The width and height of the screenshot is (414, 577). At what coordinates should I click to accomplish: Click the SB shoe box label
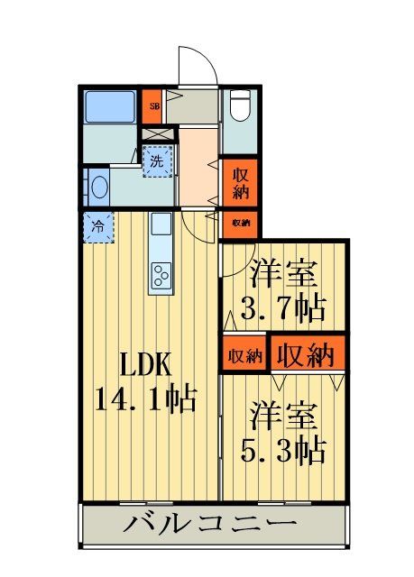(153, 104)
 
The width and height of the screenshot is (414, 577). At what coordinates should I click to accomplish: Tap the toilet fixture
(239, 108)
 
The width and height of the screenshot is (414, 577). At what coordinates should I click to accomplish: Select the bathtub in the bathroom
(109, 106)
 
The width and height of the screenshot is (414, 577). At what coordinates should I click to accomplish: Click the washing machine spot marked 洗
(157, 163)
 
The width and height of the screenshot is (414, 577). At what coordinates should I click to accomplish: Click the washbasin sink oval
(99, 188)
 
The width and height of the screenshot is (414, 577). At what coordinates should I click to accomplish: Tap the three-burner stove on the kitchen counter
(161, 276)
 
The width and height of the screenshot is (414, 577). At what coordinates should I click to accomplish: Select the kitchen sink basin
(161, 224)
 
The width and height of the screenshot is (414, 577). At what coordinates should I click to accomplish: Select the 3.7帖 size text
(281, 309)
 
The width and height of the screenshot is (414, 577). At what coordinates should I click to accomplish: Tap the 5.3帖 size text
(281, 448)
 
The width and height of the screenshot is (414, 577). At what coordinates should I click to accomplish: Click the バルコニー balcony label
(211, 524)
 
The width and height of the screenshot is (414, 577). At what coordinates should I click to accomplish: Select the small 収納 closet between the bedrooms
(244, 355)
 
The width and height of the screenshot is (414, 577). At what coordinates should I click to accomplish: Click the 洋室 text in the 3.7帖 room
(281, 271)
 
